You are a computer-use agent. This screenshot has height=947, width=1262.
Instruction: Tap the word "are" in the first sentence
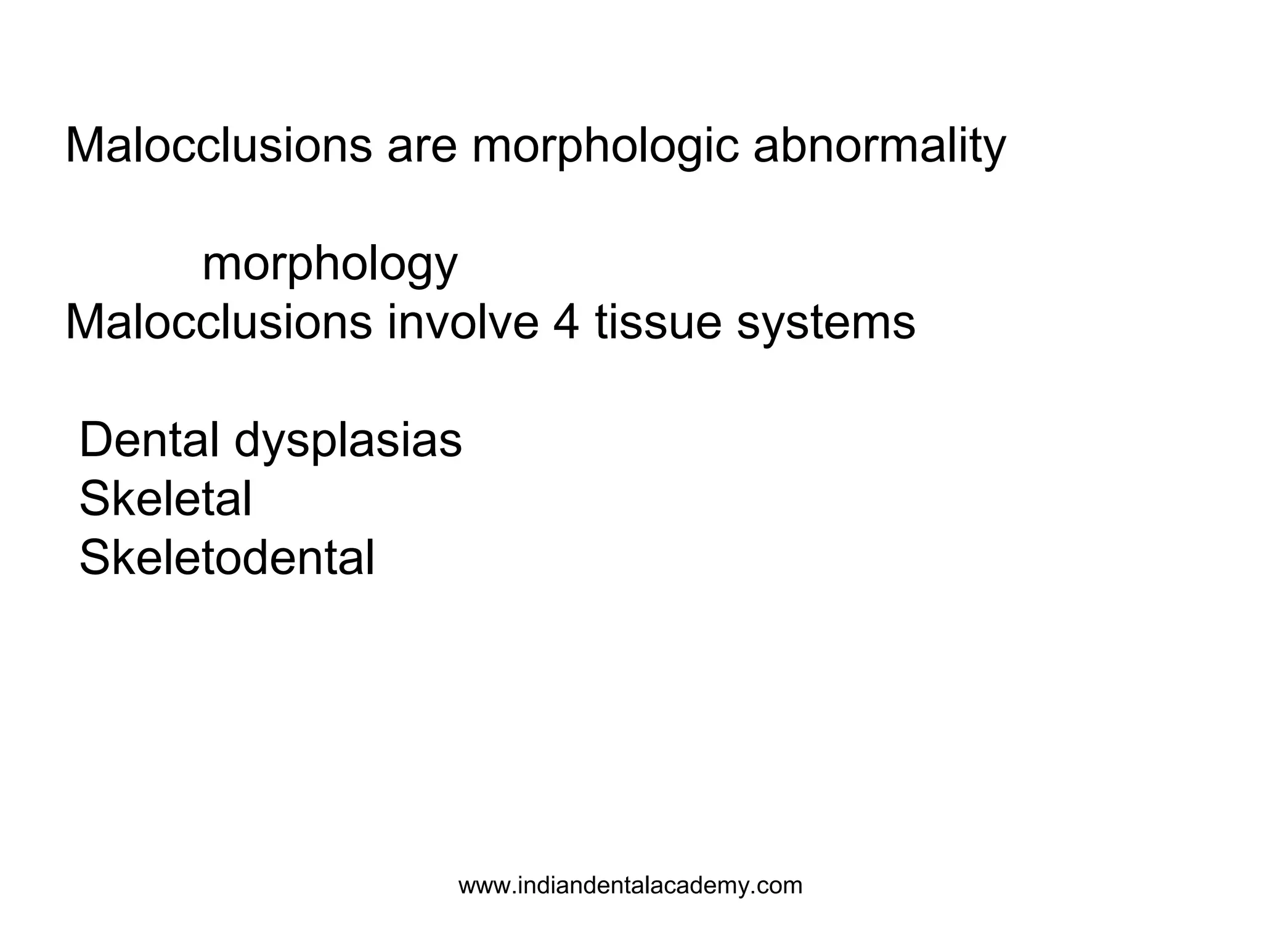422,147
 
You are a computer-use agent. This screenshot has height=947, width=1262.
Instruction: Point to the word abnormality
879,147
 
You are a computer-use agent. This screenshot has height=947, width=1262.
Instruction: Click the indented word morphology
330,265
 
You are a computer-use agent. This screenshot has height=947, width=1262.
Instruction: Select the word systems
826,323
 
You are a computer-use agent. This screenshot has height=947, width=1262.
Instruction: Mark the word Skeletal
166,499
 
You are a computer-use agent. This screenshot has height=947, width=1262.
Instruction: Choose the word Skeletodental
227,558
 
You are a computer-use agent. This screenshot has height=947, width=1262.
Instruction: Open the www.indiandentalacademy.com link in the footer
630,886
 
